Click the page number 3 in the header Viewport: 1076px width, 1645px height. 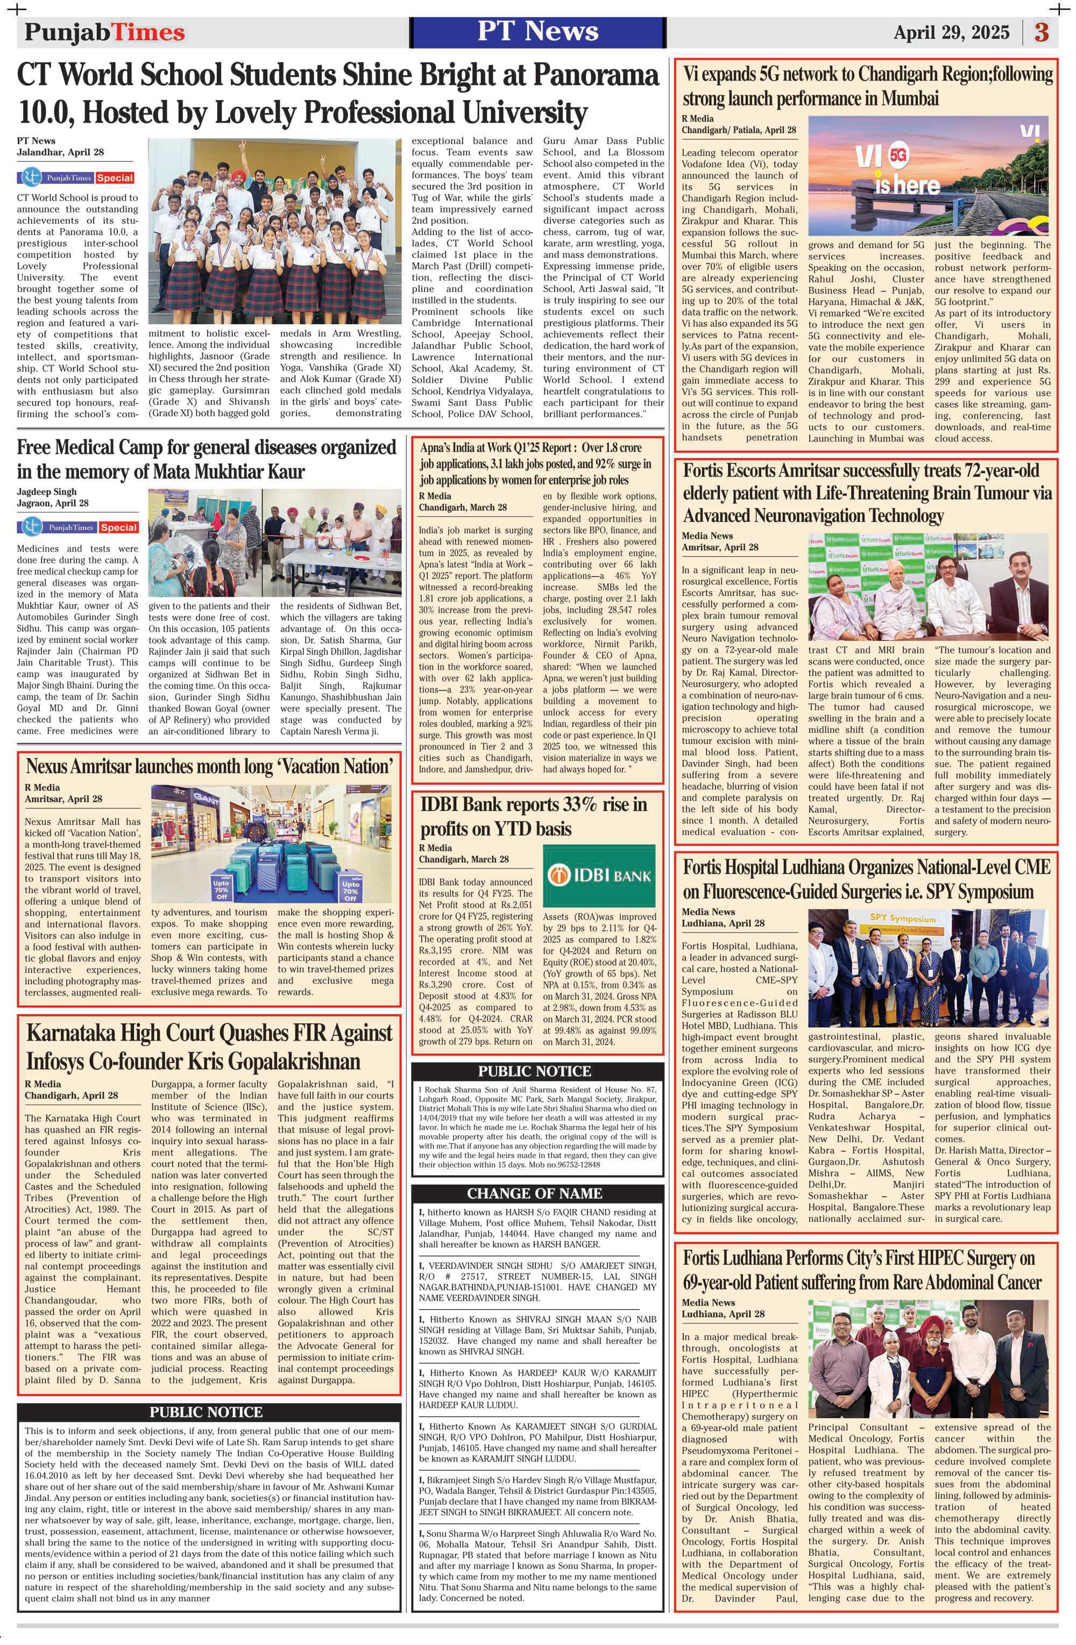tap(1042, 32)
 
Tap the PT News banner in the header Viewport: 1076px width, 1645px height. tap(537, 31)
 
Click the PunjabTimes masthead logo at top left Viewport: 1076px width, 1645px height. tap(105, 32)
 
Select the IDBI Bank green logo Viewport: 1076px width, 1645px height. tap(599, 875)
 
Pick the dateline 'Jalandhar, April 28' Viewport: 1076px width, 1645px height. tap(61, 152)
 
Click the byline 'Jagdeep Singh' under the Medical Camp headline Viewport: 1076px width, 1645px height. tap(46, 492)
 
